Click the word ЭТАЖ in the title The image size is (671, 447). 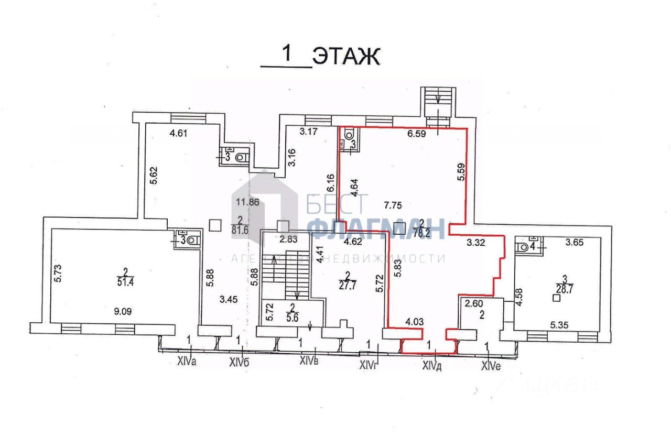pyautogui.click(x=346, y=57)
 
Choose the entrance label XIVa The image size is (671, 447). pyautogui.click(x=187, y=361)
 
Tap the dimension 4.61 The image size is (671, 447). pyautogui.click(x=178, y=133)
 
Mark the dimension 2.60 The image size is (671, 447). pyautogui.click(x=471, y=303)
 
